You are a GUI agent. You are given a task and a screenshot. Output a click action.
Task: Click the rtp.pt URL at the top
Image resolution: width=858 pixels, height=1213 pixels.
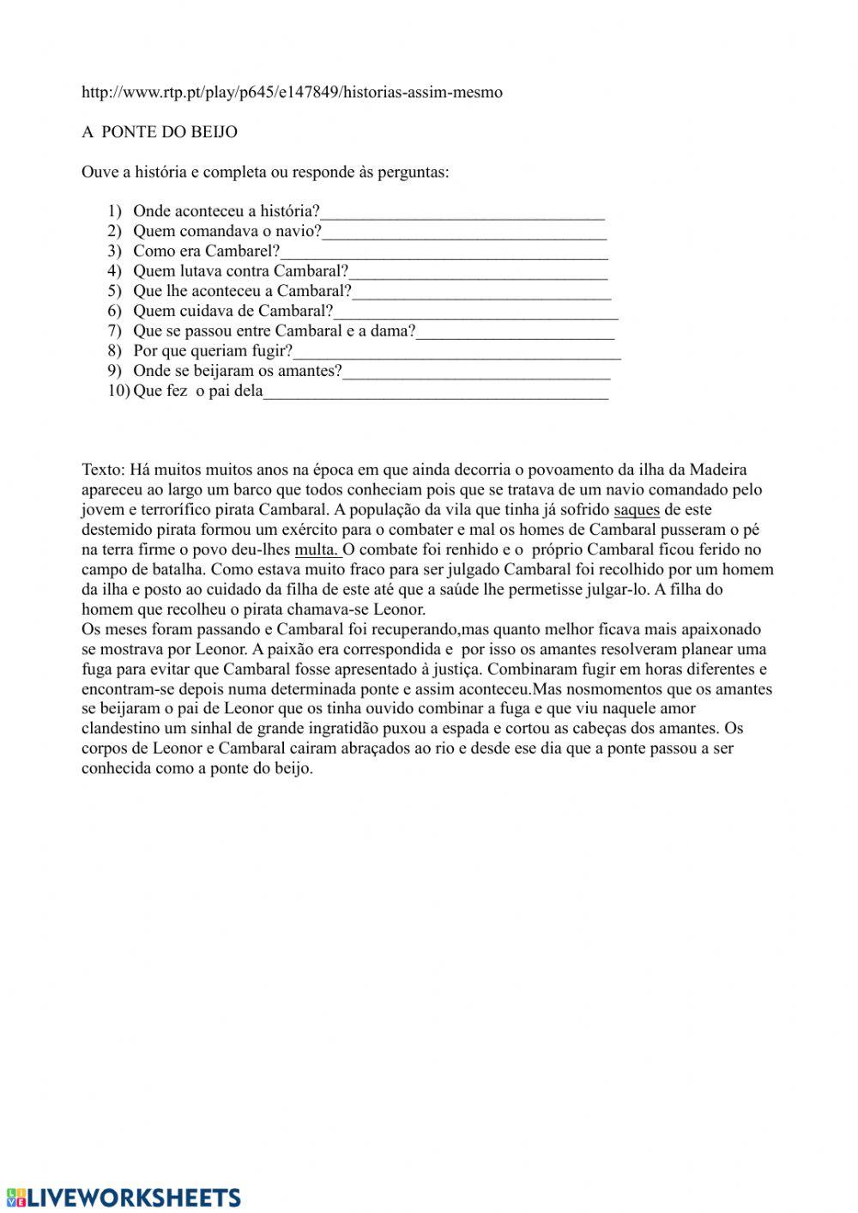(x=292, y=92)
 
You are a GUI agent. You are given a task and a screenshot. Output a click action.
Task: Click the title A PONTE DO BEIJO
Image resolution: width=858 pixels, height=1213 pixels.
(x=160, y=132)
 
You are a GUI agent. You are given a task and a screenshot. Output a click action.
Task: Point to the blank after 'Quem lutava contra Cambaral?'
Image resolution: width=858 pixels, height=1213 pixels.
(x=478, y=272)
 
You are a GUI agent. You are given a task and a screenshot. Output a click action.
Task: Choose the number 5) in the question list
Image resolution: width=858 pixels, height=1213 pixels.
(x=115, y=292)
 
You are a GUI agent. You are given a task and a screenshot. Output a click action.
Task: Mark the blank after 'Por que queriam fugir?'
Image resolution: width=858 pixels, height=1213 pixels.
(x=456, y=352)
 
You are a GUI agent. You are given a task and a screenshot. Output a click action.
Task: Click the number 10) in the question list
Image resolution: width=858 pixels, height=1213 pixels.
(x=118, y=392)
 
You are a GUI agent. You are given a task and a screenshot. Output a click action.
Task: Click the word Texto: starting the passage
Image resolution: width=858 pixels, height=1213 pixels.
(x=104, y=470)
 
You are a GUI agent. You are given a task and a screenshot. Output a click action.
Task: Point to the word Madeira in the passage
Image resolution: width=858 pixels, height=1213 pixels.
(x=718, y=470)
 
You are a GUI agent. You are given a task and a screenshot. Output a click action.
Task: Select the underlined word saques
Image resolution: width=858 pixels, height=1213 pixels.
(x=637, y=510)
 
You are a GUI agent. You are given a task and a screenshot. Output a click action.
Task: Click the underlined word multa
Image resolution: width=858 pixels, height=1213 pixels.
(x=317, y=550)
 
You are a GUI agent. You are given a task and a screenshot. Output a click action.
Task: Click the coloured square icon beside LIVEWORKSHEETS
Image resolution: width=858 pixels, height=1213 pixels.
(x=15, y=1198)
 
